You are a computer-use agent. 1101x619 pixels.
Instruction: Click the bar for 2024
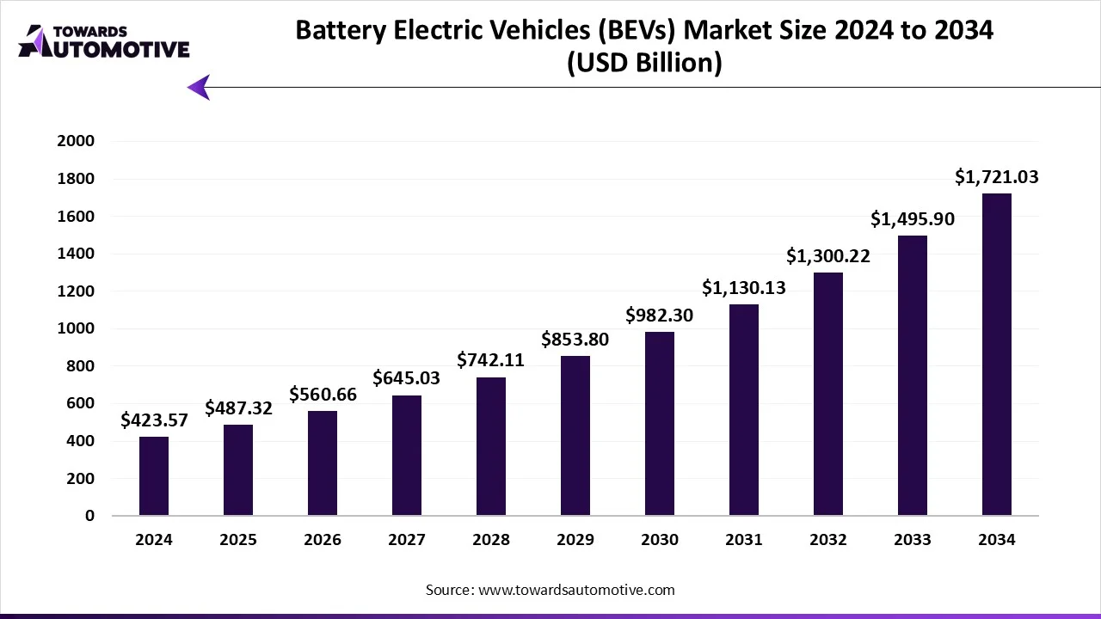[154, 476]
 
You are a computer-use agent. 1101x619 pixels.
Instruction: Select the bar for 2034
[997, 354]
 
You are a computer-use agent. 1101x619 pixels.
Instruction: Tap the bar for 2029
[575, 436]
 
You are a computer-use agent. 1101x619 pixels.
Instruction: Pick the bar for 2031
[744, 410]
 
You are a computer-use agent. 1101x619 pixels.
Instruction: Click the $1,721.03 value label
[997, 178]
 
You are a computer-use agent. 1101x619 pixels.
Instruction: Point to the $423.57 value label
[154, 420]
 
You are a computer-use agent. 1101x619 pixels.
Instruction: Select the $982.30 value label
[660, 316]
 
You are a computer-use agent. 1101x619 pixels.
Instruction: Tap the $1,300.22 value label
[828, 256]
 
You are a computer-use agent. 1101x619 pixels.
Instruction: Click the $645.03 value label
[407, 378]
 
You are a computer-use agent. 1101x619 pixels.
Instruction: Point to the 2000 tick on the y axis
[77, 141]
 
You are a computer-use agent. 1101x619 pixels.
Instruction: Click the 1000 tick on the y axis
[77, 328]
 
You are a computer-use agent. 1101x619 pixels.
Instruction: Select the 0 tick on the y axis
[89, 516]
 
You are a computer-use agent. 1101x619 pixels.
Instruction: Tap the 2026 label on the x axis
[323, 540]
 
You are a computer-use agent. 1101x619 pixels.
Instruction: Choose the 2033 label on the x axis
[913, 540]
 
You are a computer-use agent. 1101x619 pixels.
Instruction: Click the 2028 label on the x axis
[491, 540]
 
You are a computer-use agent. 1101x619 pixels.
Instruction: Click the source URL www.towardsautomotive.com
[575, 590]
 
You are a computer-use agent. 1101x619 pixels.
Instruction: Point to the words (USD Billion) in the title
[643, 63]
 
